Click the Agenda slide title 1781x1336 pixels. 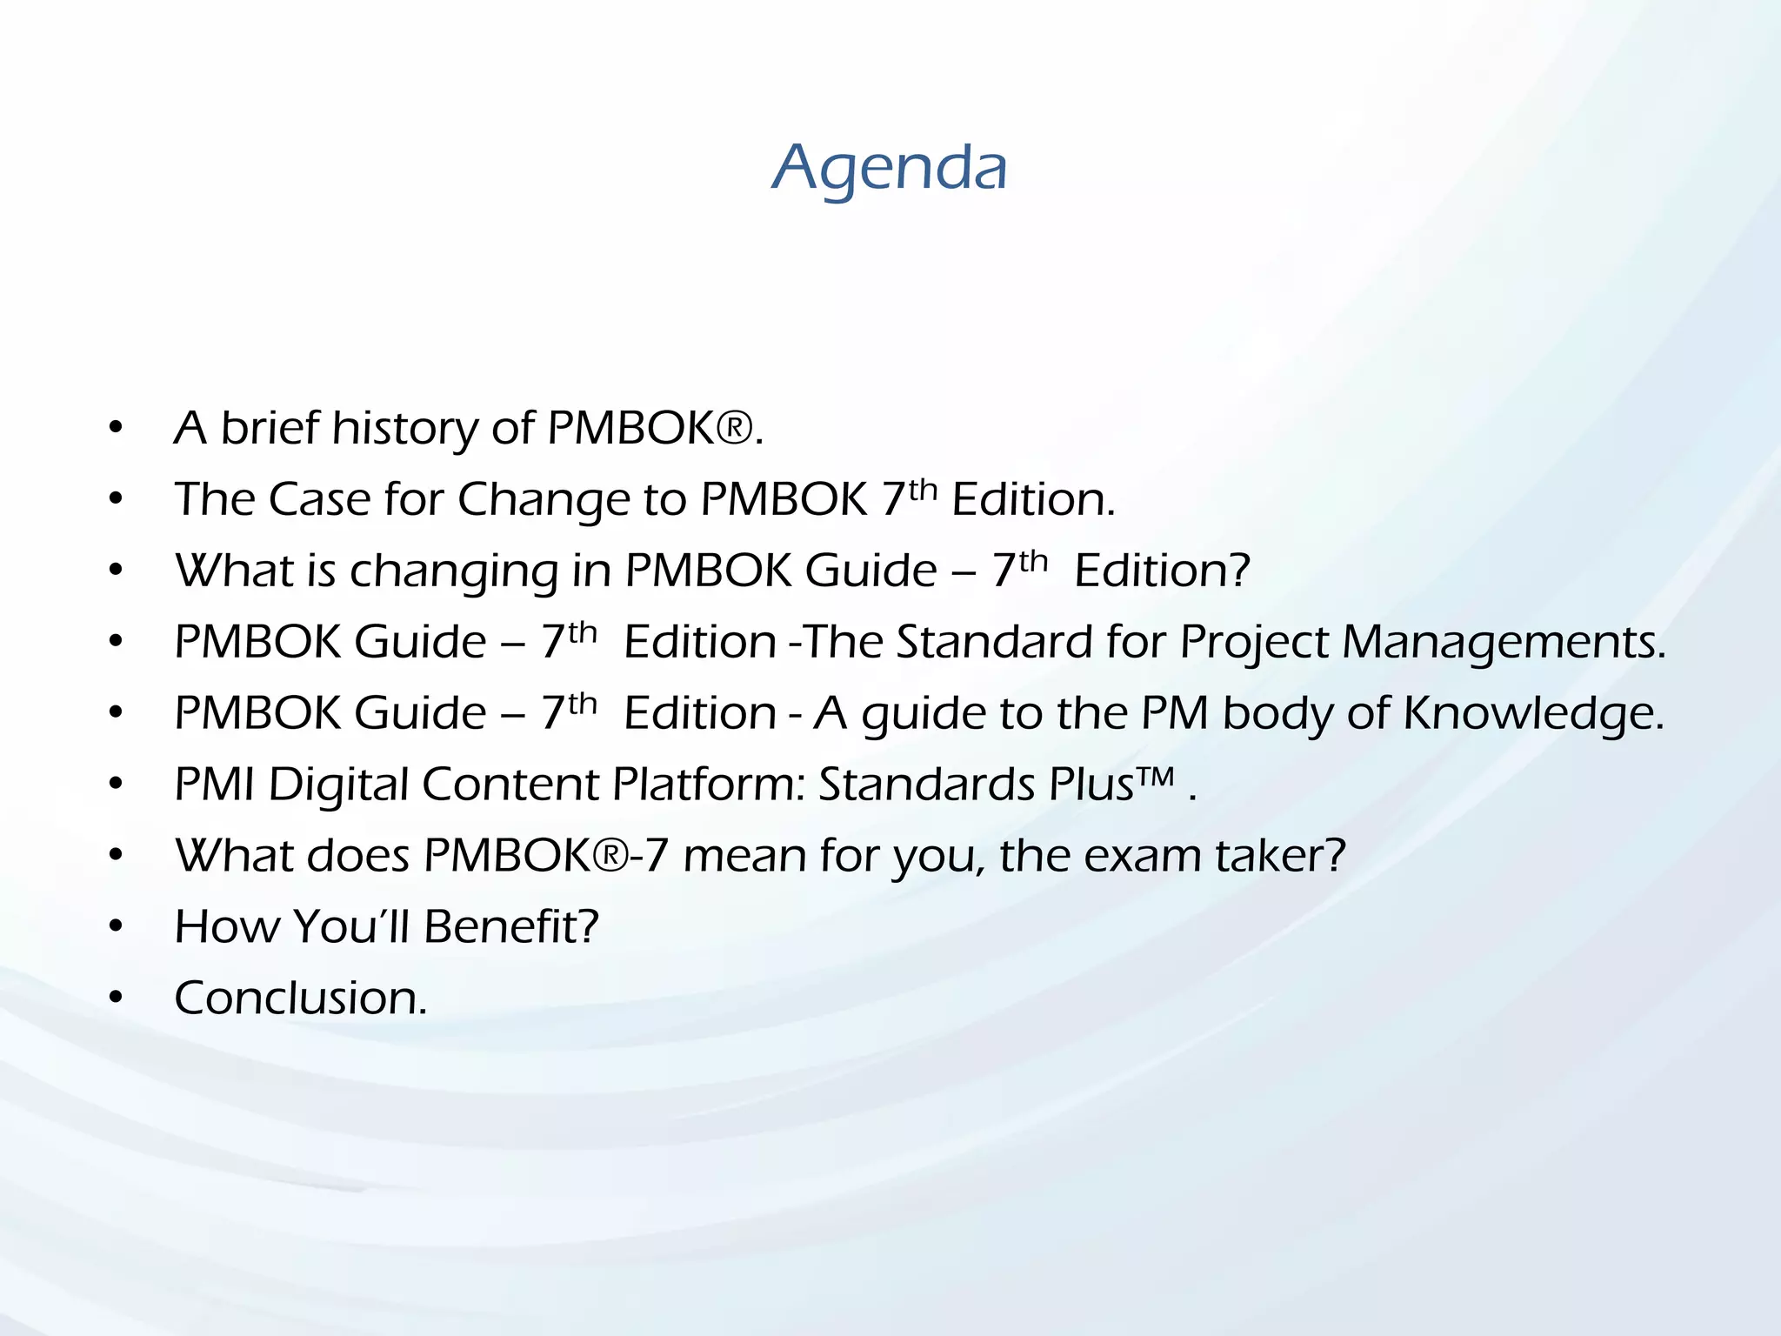click(x=890, y=167)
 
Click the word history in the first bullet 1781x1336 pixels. click(x=404, y=429)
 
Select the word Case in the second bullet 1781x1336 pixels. click(x=320, y=500)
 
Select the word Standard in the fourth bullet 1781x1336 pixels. click(x=994, y=643)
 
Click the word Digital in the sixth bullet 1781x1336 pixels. click(x=338, y=785)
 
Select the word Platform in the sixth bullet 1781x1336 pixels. click(x=711, y=785)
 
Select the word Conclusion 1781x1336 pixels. click(x=300, y=999)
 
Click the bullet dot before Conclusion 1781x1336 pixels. click(x=117, y=999)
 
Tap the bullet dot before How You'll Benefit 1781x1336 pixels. click(x=117, y=927)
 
